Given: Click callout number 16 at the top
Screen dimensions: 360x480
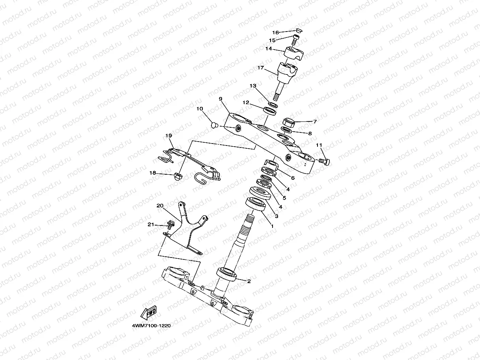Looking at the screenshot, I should click(275, 32).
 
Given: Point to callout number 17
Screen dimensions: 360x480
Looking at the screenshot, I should click(260, 68).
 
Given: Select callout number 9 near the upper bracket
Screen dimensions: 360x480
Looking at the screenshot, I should click(221, 99).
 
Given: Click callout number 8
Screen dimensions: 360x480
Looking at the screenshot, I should click(310, 134).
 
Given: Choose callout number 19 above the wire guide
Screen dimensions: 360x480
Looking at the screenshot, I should click(168, 136).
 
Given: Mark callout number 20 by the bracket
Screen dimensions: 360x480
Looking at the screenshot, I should click(160, 206).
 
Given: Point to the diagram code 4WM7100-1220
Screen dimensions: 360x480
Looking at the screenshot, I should click(151, 326).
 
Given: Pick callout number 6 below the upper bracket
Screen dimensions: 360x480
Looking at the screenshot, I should click(293, 178).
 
